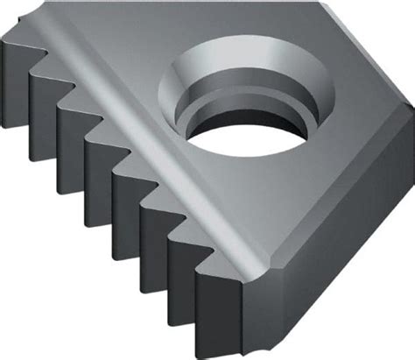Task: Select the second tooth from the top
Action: (43, 97)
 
